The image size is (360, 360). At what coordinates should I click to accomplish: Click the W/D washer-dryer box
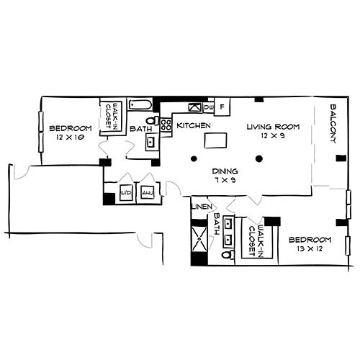pyautogui.click(x=125, y=194)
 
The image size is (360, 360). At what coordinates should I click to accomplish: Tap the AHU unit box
pyautogui.click(x=148, y=194)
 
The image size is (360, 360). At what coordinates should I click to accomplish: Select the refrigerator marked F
pyautogui.click(x=222, y=107)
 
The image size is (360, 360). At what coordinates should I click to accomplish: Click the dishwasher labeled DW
pyautogui.click(x=208, y=107)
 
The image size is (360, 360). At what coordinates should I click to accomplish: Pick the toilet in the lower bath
pyautogui.click(x=230, y=254)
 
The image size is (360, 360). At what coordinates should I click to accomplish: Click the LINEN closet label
pyautogui.click(x=200, y=208)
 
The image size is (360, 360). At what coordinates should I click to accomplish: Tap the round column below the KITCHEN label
pyautogui.click(x=193, y=158)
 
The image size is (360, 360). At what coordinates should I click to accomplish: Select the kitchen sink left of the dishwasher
pyautogui.click(x=193, y=107)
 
